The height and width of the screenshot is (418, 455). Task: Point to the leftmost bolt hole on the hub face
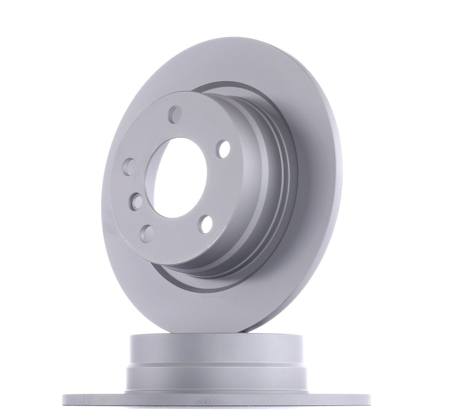click(x=129, y=166)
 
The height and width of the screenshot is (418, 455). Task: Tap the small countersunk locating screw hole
click(x=136, y=202)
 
